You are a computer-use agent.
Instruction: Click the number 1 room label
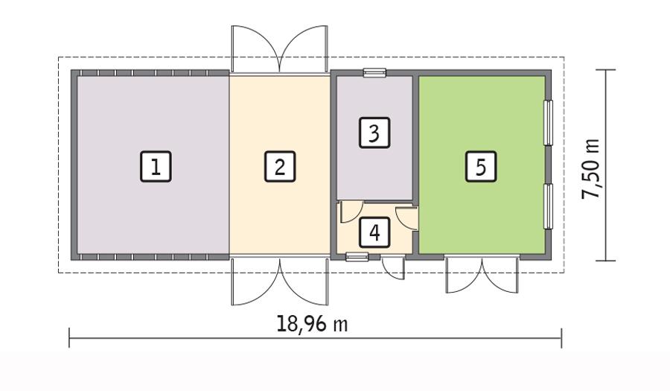156,167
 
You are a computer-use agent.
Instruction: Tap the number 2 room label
279,167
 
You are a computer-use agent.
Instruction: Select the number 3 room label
374,133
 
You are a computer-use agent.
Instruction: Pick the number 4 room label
374,232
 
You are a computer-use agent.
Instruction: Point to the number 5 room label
480,167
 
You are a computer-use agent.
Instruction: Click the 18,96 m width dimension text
312,325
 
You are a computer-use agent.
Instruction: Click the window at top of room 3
374,73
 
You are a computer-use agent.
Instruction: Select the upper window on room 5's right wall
549,122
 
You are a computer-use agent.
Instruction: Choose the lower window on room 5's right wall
549,206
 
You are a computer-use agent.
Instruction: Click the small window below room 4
357,257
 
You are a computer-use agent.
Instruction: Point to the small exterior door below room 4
395,267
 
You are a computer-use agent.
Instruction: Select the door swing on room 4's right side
406,216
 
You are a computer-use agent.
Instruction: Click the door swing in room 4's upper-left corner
350,212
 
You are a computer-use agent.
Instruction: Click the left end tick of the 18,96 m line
70,337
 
